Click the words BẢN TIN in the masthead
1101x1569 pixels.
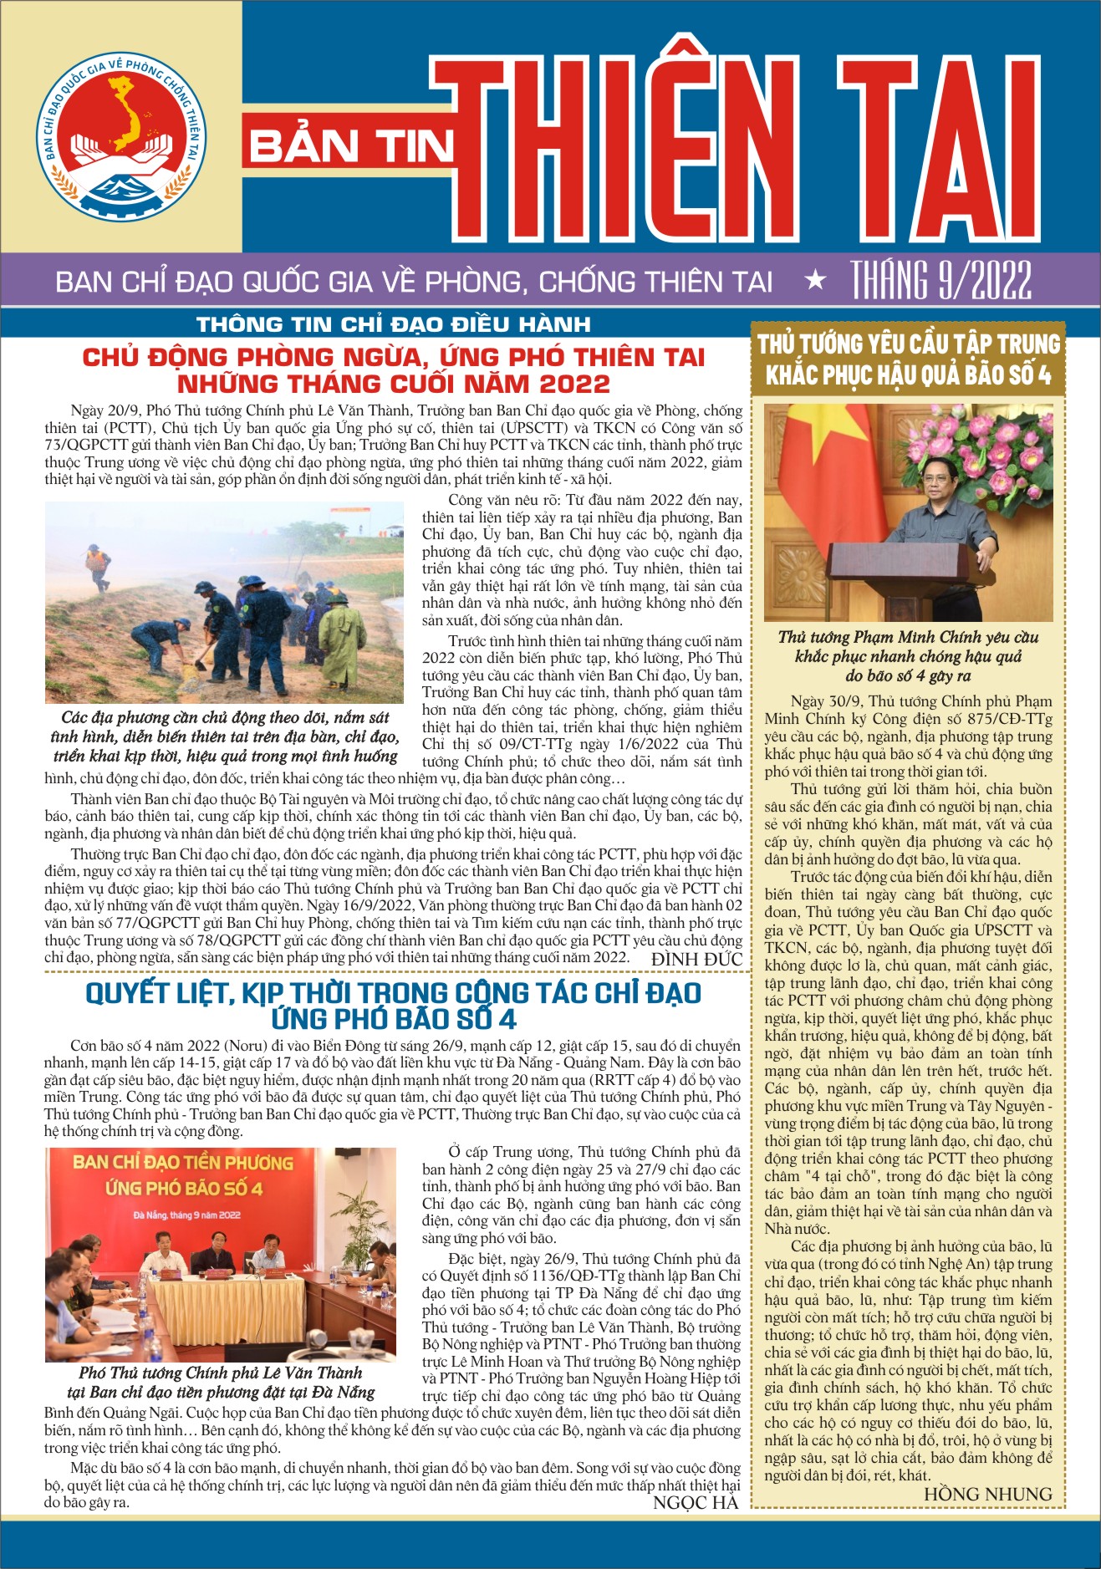coord(350,148)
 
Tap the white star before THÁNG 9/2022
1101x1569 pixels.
coord(815,281)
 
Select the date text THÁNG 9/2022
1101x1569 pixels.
coord(941,280)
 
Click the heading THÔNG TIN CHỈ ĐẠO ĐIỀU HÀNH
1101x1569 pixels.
coord(394,324)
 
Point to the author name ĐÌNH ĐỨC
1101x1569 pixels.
coord(696,960)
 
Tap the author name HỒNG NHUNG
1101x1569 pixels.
coord(987,1494)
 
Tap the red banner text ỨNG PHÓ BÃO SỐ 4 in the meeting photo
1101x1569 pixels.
coord(184,1188)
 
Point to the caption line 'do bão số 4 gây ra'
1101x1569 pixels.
coord(908,675)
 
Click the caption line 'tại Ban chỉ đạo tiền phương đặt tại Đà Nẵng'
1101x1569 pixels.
coord(221,1392)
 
